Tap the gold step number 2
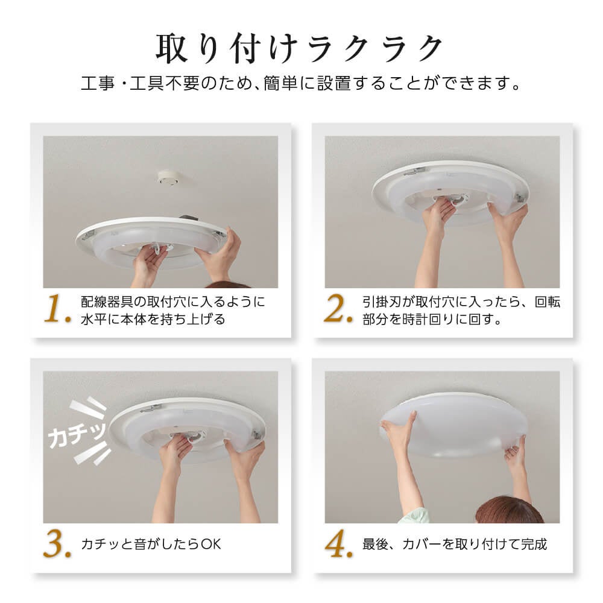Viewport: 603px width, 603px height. (338, 308)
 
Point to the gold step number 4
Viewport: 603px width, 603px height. (339, 543)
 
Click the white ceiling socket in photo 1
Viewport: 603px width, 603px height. (168, 177)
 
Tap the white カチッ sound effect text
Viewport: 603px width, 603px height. (77, 435)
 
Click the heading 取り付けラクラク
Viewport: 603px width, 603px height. (299, 48)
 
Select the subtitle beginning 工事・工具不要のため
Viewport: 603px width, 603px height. (300, 83)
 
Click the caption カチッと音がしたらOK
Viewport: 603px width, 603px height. (151, 544)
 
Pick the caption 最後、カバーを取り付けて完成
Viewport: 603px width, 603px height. (455, 544)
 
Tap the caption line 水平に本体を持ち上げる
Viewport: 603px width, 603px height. (153, 319)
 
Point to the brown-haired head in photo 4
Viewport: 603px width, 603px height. (509, 510)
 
